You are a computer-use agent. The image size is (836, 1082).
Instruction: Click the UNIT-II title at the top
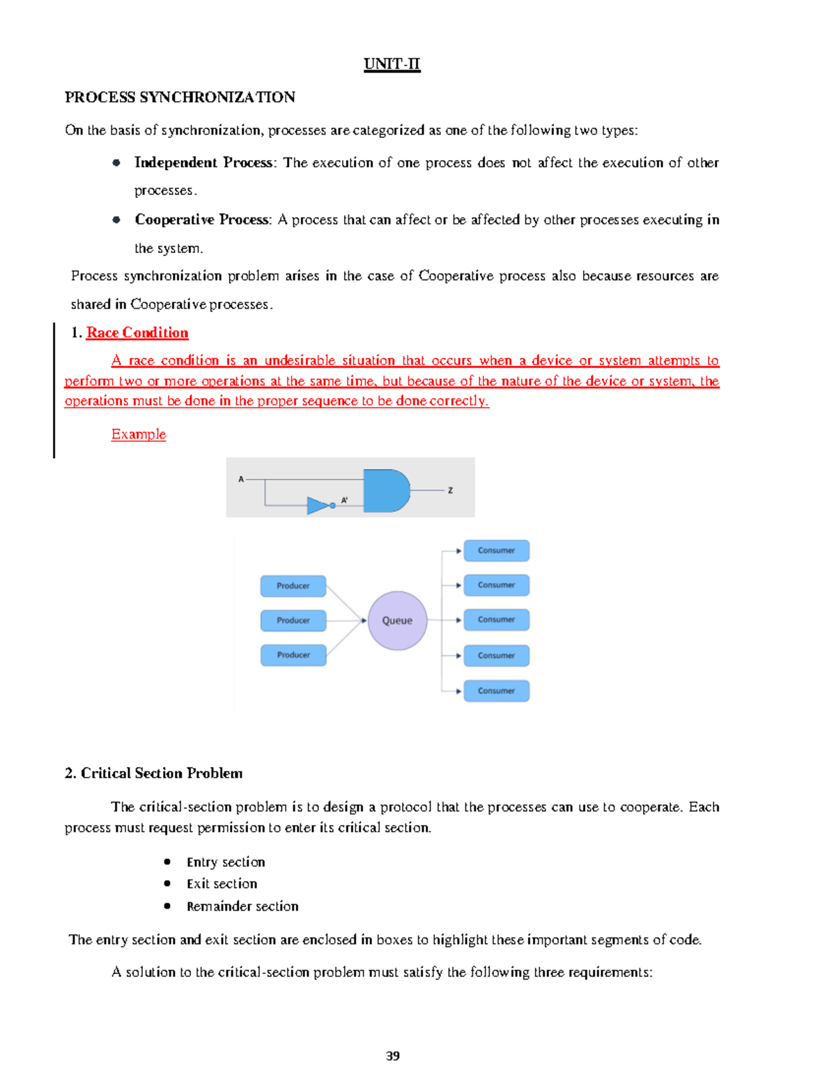click(x=392, y=64)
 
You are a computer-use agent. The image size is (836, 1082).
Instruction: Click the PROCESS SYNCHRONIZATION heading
click(x=180, y=98)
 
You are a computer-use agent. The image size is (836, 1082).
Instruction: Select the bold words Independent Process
click(x=203, y=162)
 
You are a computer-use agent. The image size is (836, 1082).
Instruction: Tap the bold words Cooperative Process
click(x=202, y=219)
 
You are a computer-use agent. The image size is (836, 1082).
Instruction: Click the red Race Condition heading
click(x=137, y=333)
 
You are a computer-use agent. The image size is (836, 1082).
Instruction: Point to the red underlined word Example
click(x=139, y=434)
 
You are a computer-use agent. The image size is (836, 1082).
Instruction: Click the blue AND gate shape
click(x=385, y=490)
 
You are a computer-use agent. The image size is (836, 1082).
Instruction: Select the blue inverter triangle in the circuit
click(x=318, y=505)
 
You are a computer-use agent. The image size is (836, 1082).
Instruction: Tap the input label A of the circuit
click(x=241, y=479)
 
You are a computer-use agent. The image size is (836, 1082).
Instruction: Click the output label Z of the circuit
click(x=450, y=490)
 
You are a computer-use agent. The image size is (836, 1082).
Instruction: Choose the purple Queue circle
click(x=397, y=621)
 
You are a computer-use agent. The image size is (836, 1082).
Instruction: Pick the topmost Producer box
click(x=293, y=586)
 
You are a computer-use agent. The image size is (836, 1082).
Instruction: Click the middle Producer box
click(x=293, y=620)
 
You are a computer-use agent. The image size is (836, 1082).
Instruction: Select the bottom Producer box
click(x=293, y=655)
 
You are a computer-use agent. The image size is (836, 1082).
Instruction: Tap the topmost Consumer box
click(x=496, y=550)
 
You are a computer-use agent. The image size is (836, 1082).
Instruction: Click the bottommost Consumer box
click(x=496, y=691)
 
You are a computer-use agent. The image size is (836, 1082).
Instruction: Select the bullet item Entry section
click(x=226, y=863)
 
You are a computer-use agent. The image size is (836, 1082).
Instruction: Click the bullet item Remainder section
click(x=242, y=906)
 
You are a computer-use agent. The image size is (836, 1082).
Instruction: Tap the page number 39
click(x=393, y=1056)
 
